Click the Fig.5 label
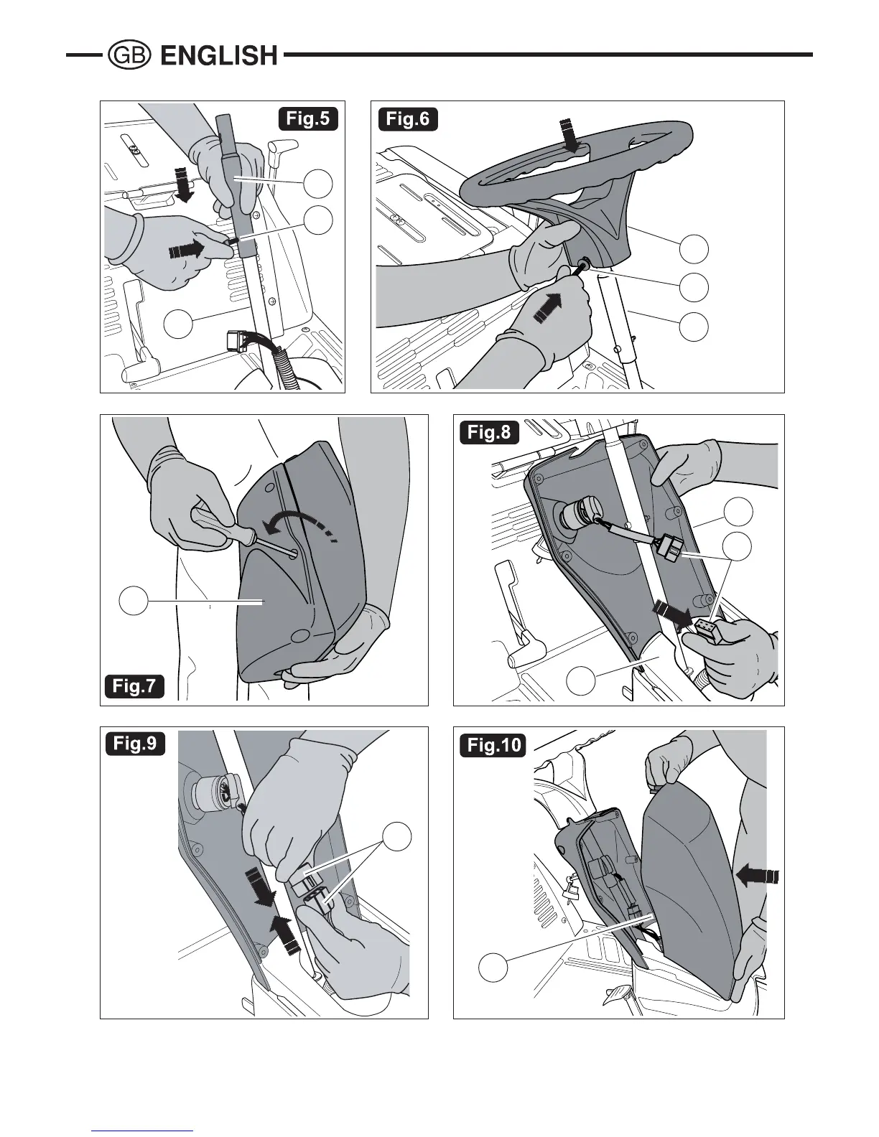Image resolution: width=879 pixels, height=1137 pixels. click(308, 118)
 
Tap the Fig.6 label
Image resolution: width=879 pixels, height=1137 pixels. click(408, 118)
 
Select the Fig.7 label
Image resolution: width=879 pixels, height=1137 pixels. click(134, 686)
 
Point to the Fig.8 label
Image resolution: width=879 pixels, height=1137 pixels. click(489, 432)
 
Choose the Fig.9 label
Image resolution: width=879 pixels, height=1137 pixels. click(135, 743)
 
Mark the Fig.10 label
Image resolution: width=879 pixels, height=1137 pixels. click(494, 744)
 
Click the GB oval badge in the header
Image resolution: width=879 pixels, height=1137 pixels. click(129, 55)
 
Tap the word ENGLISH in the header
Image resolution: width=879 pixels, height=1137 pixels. click(219, 55)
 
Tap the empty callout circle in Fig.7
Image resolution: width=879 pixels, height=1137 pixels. click(134, 601)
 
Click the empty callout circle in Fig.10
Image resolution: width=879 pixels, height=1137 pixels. click(493, 968)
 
